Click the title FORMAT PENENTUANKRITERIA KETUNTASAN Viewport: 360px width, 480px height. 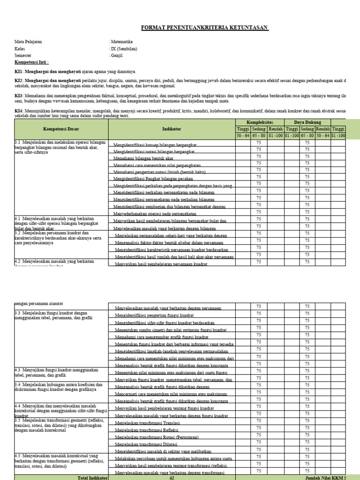pos(205,28)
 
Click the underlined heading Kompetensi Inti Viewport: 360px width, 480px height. pos(31,62)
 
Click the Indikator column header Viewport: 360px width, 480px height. pos(172,129)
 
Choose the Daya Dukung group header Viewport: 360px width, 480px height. pos(307,122)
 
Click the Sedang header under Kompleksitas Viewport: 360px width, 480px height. pos(259,129)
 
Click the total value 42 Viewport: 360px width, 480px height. pos(172,477)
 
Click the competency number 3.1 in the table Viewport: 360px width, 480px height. pos(18,142)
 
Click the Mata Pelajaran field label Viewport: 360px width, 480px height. pos(28,42)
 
